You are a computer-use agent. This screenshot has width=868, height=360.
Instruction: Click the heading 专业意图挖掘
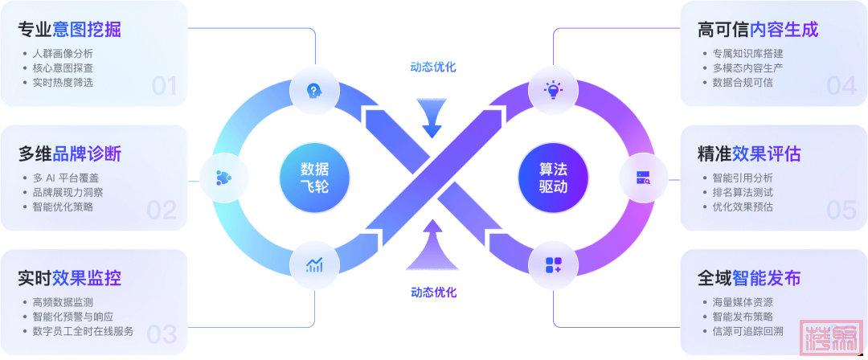pos(70,31)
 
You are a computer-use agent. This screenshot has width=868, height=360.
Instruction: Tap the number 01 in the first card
pos(164,85)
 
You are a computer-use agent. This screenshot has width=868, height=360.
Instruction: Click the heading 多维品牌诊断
pos(70,153)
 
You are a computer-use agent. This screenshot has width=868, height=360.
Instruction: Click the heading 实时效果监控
pos(70,278)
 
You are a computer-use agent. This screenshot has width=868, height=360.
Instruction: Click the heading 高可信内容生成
pos(758,31)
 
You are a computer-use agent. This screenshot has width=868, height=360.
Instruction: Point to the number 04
pos(841,85)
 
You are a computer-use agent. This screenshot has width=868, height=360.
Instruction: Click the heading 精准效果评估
pos(749,153)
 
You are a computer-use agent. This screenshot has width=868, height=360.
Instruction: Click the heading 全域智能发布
pos(749,278)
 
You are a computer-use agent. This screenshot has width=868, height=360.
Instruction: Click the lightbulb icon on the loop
pos(553,90)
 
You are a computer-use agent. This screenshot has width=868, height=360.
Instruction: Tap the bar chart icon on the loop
pos(314,265)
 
